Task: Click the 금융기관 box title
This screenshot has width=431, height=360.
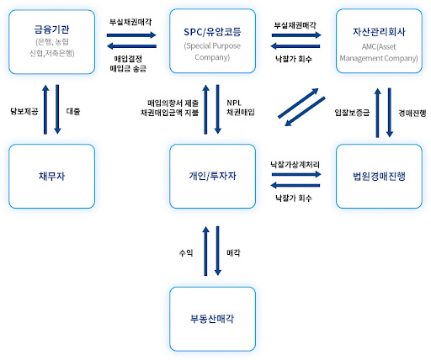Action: click(51, 29)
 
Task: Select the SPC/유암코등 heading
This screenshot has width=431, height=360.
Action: click(212, 32)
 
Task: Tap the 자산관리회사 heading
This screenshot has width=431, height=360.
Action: click(379, 32)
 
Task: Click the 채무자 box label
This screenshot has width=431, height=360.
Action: click(51, 176)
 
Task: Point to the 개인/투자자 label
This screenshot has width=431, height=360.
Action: click(212, 176)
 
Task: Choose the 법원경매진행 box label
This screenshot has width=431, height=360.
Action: click(379, 176)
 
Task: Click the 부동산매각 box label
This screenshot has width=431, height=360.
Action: click(212, 319)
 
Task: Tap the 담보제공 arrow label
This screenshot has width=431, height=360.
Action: click(24, 111)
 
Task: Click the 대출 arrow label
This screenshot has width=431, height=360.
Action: click(73, 111)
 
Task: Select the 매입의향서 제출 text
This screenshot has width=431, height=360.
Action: click(173, 103)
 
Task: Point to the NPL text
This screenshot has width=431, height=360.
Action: click(234, 103)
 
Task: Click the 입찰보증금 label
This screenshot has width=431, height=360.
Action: click(352, 113)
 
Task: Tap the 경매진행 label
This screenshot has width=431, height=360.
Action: click(412, 113)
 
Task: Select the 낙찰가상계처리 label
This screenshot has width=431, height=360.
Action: click(295, 165)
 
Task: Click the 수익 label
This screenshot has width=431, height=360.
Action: click(186, 253)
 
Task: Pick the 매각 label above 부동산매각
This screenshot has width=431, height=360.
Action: click(233, 253)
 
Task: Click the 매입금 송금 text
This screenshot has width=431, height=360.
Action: click(128, 69)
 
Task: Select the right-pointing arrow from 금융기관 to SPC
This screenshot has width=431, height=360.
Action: click(131, 35)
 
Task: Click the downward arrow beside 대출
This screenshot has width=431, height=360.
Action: click(57, 109)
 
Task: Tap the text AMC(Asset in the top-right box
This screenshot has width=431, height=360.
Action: click(379, 46)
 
